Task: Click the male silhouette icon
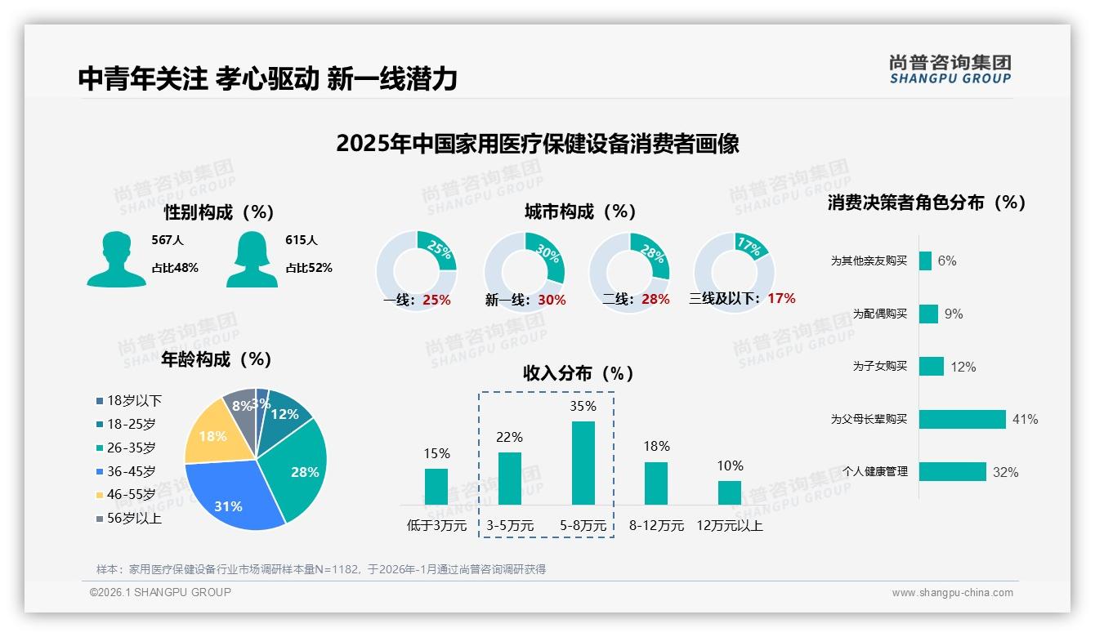(116, 260)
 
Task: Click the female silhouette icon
(252, 260)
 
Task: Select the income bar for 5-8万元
(583, 463)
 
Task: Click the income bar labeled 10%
(730, 492)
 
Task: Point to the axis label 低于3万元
(436, 525)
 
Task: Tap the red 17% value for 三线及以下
(781, 298)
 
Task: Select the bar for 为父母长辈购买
(962, 419)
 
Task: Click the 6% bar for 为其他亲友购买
(925, 261)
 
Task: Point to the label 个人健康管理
(875, 471)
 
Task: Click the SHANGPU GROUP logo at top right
(950, 69)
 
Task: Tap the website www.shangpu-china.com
(952, 593)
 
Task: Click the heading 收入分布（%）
(579, 373)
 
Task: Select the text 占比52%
(309, 268)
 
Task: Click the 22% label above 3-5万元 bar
(509, 437)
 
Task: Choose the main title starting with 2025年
(538, 144)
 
